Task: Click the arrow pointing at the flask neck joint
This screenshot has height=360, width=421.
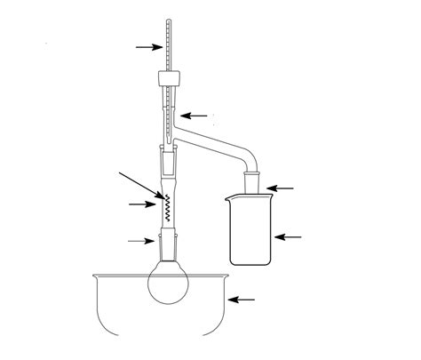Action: [x=139, y=240]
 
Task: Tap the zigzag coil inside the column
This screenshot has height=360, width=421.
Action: [x=165, y=208]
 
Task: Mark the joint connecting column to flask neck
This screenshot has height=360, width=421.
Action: [x=166, y=241]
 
